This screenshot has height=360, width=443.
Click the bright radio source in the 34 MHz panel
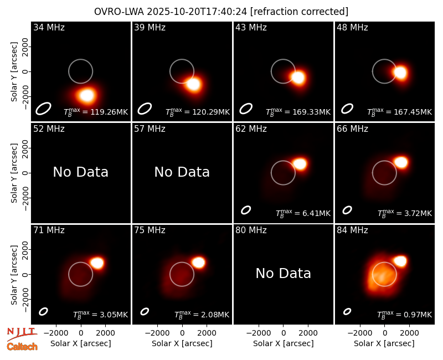click(x=86, y=95)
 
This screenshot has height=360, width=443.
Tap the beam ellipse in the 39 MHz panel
click(x=145, y=109)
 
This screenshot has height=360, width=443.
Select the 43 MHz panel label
click(x=251, y=27)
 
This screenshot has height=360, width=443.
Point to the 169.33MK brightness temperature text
click(x=298, y=112)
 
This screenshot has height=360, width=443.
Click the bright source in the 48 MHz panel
click(x=400, y=73)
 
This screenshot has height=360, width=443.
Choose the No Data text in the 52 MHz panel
click(x=80, y=172)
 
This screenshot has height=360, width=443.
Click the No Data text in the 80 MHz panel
click(x=284, y=273)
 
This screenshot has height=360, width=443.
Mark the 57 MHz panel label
click(x=150, y=129)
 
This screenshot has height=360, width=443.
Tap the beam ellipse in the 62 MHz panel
click(x=246, y=210)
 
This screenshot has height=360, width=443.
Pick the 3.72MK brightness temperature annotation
click(x=405, y=213)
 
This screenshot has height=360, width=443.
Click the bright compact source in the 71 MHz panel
click(x=97, y=263)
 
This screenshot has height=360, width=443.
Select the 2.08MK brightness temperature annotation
click(x=202, y=315)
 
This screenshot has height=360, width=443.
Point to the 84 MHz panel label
click(x=352, y=230)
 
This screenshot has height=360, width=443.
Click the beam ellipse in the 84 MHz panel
click(x=347, y=311)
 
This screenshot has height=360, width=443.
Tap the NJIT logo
click(x=22, y=334)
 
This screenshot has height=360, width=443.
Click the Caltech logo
click(x=22, y=347)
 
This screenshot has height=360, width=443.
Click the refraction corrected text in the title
click(x=299, y=12)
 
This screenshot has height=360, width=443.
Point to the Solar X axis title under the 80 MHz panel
click(x=284, y=343)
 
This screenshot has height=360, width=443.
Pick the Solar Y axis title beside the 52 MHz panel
click(x=14, y=173)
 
